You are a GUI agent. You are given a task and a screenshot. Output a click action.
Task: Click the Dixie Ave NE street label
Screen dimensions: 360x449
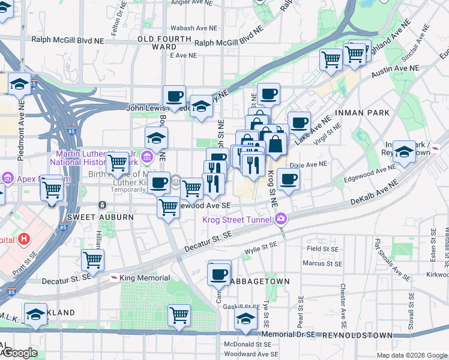tap(309, 164)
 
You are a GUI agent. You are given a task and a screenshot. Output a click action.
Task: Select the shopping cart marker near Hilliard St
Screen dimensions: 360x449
tap(93, 260)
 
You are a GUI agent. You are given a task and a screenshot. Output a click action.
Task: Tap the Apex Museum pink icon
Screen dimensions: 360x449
tap(7, 178)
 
